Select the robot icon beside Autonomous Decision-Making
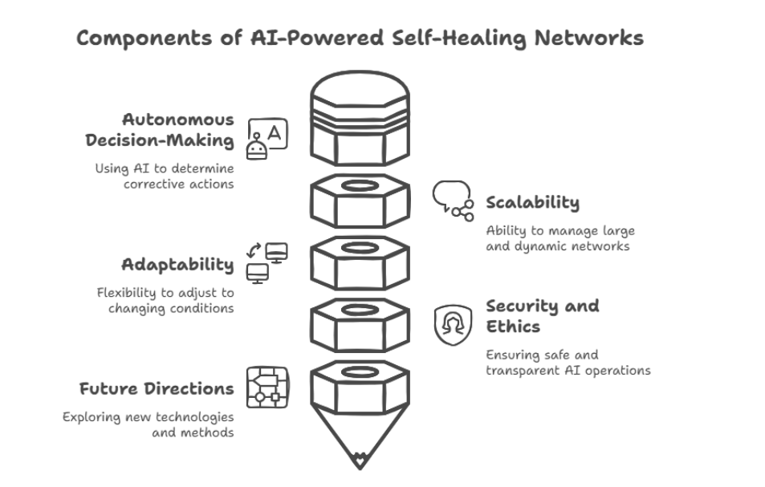267,139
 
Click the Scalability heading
532,202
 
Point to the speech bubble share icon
453,200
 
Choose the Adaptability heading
177,264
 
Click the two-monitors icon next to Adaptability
267,262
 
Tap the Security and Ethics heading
542,316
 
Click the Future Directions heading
157,388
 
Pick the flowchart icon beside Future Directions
267,387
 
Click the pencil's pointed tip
359,461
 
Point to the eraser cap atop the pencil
359,96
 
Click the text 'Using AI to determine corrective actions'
165,176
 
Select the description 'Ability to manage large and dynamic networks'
560,238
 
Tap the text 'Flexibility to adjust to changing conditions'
165,300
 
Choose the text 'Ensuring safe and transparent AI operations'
568,362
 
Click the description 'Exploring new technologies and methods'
149,424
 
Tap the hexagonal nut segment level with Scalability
359,201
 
